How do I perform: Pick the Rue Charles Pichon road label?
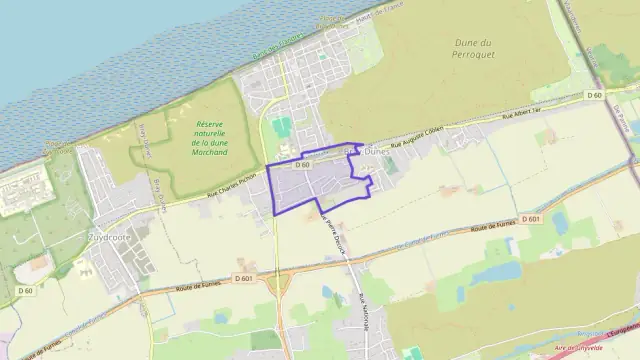click(x=233, y=186)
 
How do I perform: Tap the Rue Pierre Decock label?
click(x=331, y=239)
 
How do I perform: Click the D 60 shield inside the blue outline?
click(x=304, y=163)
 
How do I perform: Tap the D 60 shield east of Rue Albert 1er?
click(x=594, y=95)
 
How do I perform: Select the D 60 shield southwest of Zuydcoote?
click(x=27, y=290)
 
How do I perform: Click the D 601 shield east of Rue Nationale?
click(x=531, y=217)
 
